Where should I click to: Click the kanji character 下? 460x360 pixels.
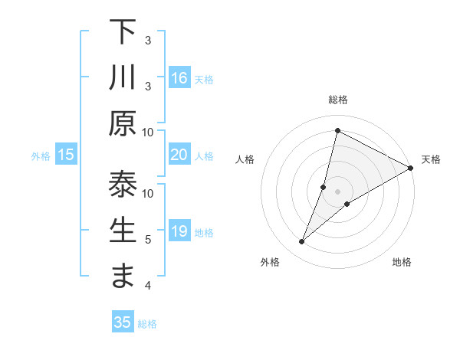[123, 32]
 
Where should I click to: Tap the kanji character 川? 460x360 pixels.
[123, 78]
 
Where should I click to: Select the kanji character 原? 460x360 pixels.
[123, 123]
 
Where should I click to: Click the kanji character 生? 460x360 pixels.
[123, 231]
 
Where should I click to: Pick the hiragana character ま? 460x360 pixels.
[123, 277]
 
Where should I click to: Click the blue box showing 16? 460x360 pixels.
[179, 77]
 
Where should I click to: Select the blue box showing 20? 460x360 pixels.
[179, 155]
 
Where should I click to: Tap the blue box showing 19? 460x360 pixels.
[179, 231]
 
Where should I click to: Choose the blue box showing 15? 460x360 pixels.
[66, 155]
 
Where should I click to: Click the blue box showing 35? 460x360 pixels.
[123, 322]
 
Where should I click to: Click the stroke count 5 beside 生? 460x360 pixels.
[147, 240]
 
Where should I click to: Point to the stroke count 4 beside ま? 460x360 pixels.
[147, 286]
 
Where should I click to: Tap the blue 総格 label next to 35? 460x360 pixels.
[147, 324]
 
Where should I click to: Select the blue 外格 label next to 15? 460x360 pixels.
[41, 156]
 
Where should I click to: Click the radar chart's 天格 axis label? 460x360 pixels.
[431, 159]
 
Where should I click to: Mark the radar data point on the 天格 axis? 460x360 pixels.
[410, 168]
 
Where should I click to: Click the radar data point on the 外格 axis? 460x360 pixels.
[302, 242]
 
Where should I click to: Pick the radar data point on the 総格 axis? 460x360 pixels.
[337, 130]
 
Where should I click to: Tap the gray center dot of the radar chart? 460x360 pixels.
[337, 191]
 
